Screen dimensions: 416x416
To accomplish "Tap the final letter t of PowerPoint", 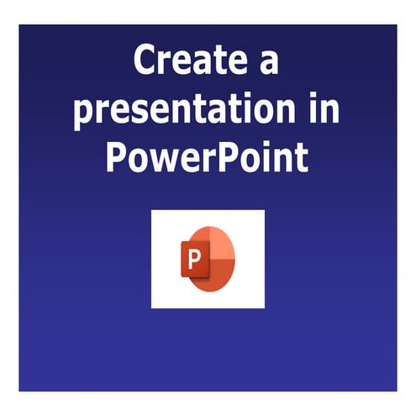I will [x=301, y=157].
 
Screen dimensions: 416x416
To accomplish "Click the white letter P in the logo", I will [x=195, y=260].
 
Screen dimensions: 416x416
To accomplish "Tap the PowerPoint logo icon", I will [x=208, y=259].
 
